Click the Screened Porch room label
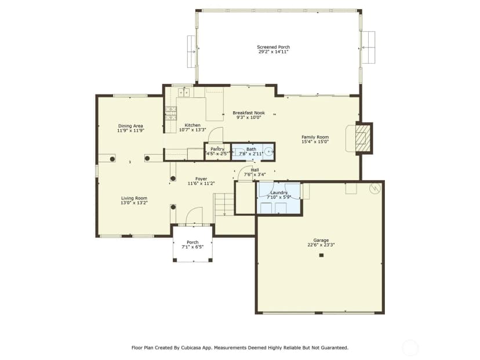click(x=274, y=47)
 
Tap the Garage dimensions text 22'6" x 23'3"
click(x=321, y=245)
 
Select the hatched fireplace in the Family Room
click(x=364, y=138)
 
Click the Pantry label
click(x=217, y=149)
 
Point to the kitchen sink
click(x=184, y=92)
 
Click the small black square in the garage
click(x=321, y=255)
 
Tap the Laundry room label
click(x=279, y=192)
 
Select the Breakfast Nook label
click(x=249, y=112)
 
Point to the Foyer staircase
click(x=224, y=204)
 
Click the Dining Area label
click(x=130, y=126)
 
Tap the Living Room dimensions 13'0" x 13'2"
click(x=134, y=203)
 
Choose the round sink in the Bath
click(x=269, y=151)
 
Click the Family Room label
click(x=315, y=137)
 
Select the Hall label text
click(x=254, y=170)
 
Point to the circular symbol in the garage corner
click(x=375, y=188)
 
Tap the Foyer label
click(x=201, y=179)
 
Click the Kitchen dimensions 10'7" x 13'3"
click(x=192, y=130)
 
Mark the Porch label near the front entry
click(x=192, y=242)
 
